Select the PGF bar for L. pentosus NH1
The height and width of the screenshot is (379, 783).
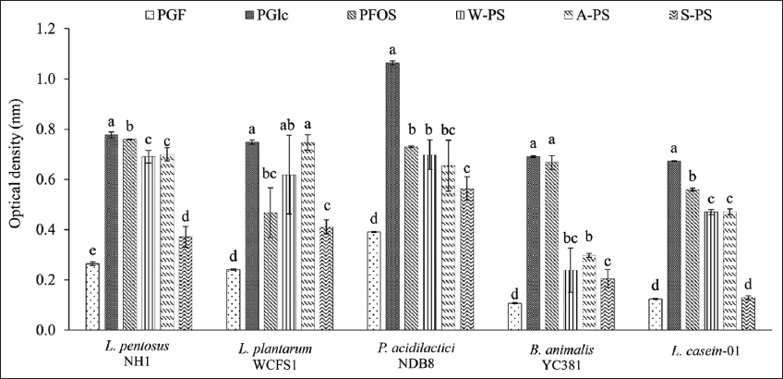pos(92,297)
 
